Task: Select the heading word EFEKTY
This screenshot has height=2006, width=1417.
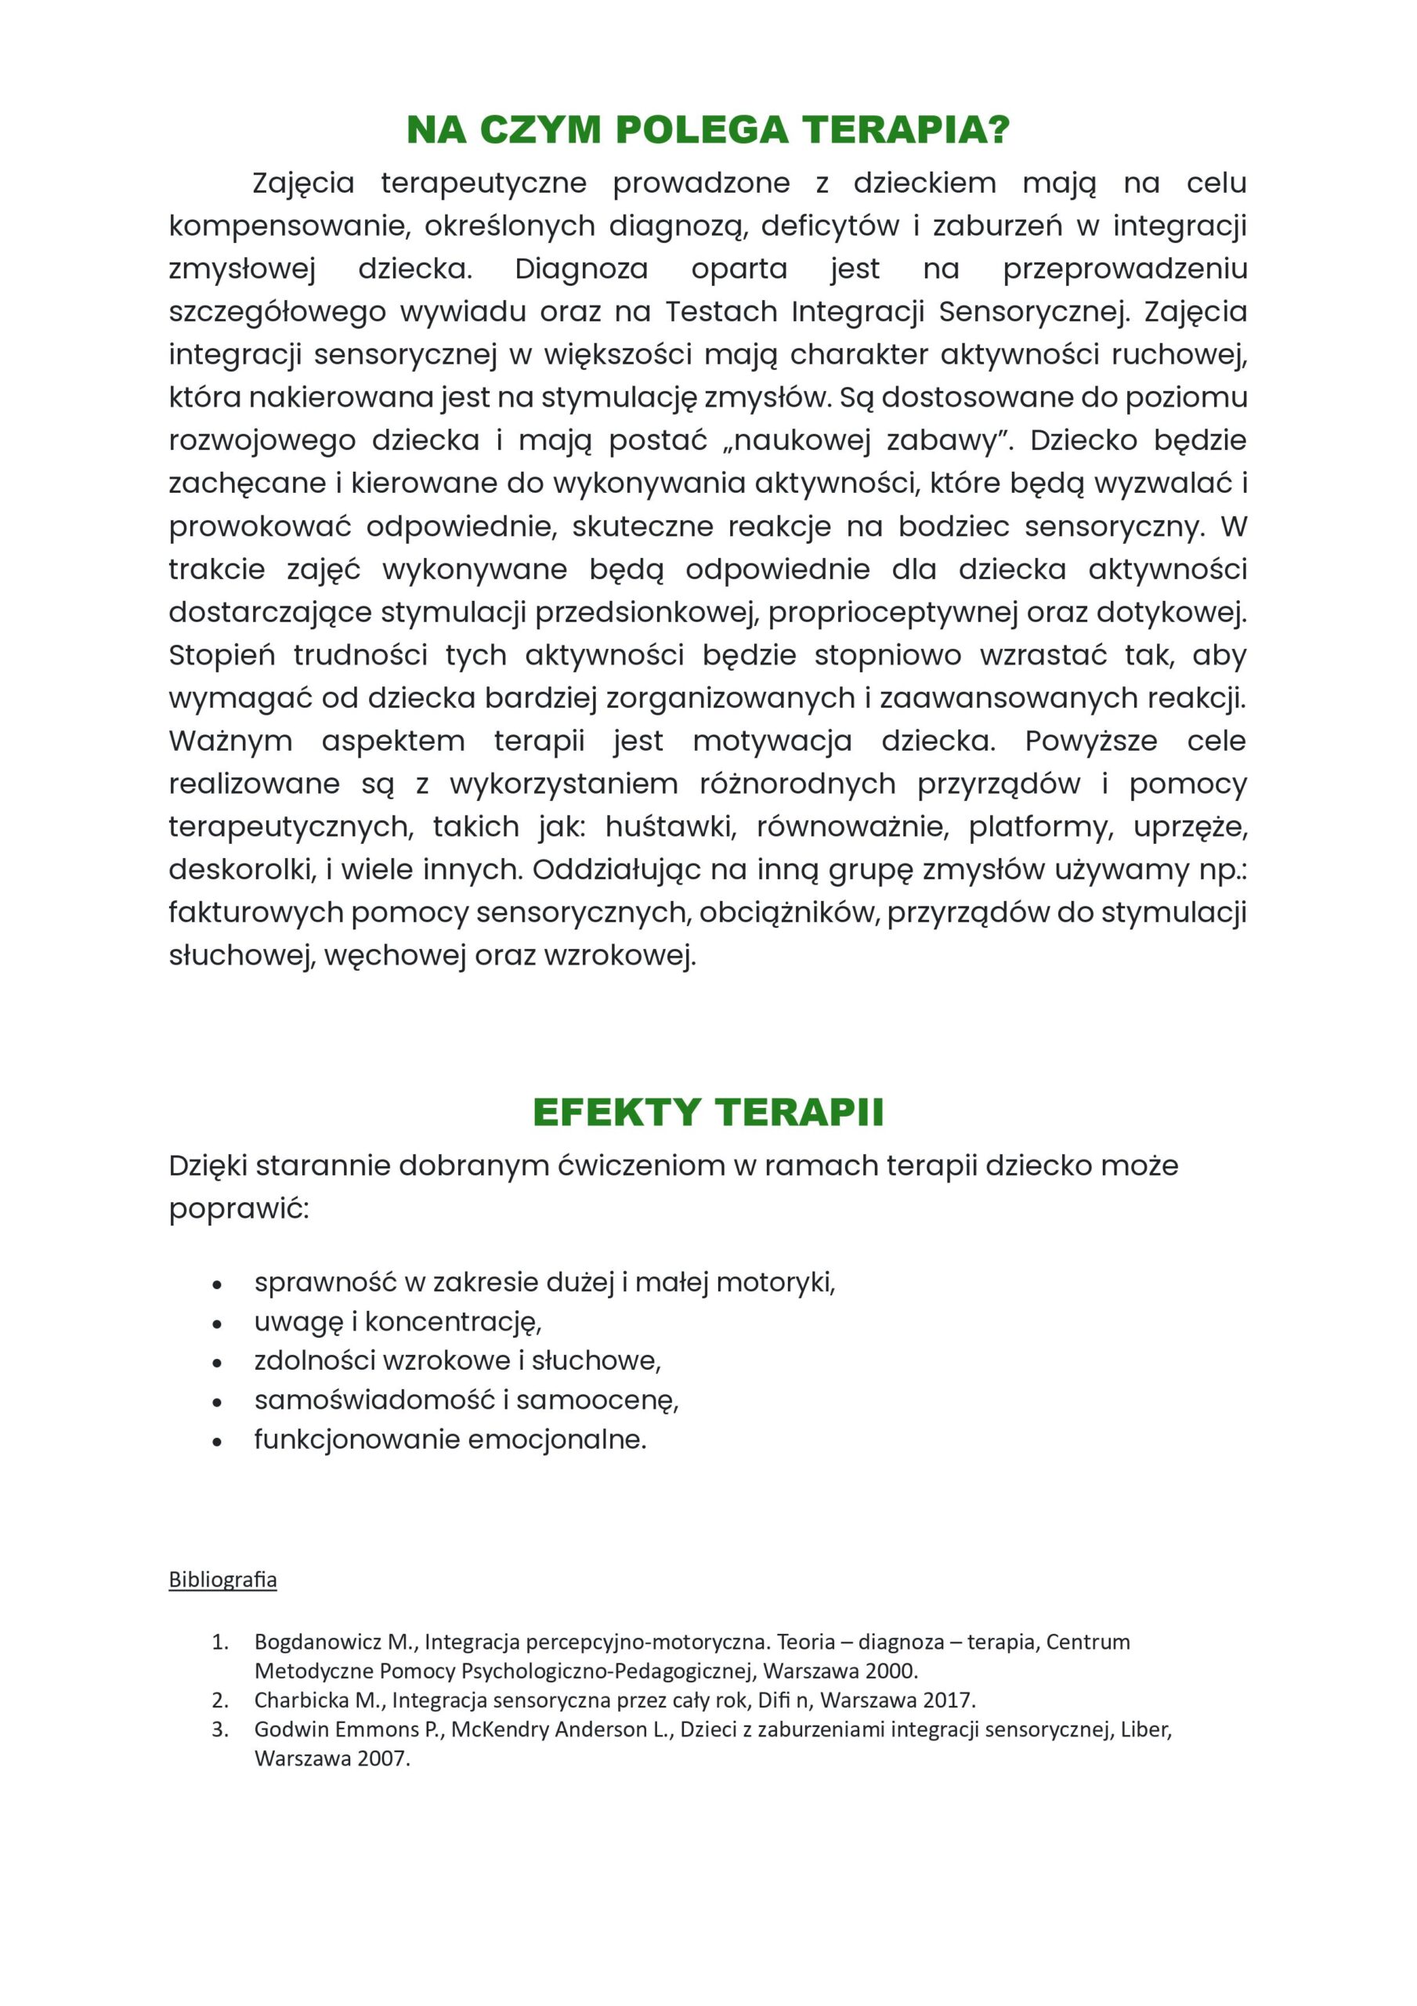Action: pyautogui.click(x=616, y=1112)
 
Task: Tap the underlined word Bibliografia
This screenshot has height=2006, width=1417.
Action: pyautogui.click(x=222, y=1579)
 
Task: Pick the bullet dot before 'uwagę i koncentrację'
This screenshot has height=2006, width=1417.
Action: pyautogui.click(x=218, y=1324)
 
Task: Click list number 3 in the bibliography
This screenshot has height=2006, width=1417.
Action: pyautogui.click(x=219, y=1729)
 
